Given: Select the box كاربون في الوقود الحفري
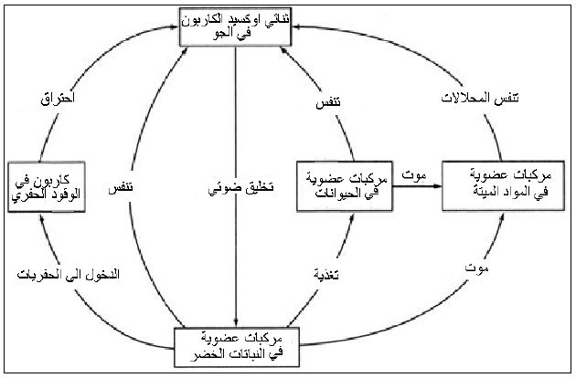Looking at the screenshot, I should (x=44, y=185).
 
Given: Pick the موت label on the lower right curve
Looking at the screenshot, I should (x=475, y=269).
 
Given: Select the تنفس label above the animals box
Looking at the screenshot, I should (x=316, y=106).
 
